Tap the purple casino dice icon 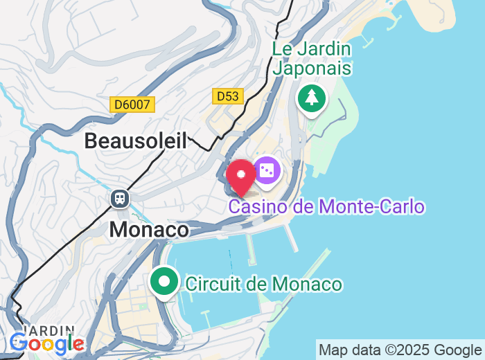(x=267, y=170)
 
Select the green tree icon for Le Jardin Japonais (x=312, y=98)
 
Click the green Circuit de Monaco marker (x=164, y=282)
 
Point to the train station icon (x=120, y=199)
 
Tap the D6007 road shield (x=132, y=105)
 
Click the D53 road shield (x=228, y=96)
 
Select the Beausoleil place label (x=136, y=141)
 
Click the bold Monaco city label (x=149, y=229)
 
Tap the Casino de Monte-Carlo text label (x=326, y=206)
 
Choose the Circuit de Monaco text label (x=263, y=284)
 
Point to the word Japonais (x=312, y=68)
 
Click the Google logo (x=47, y=343)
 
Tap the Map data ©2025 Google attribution (x=400, y=349)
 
